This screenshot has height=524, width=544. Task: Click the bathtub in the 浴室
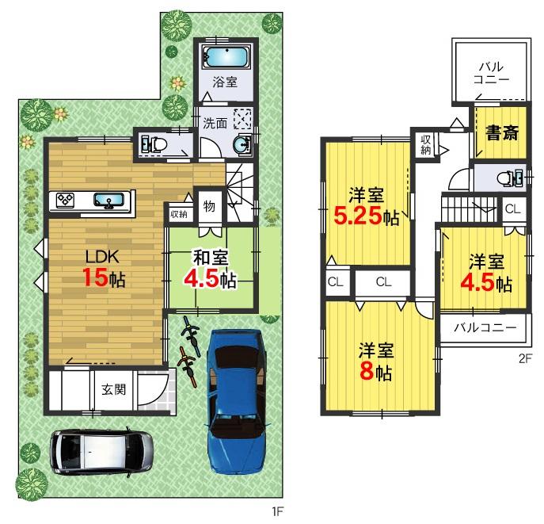coord(225,58)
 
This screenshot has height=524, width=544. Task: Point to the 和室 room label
coord(207,257)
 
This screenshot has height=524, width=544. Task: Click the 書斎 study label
coord(502,132)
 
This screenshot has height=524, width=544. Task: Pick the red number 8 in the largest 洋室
coord(367,372)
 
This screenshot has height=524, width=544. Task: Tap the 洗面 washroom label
coord(215,124)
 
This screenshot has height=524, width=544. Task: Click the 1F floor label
coord(277,512)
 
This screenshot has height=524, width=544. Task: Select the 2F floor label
coord(524,358)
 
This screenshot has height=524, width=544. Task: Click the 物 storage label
coord(209,206)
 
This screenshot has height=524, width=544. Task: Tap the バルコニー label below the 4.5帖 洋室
coord(484,326)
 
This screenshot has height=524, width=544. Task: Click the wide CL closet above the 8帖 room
coord(382,281)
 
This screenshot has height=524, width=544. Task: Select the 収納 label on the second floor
coord(426,144)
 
